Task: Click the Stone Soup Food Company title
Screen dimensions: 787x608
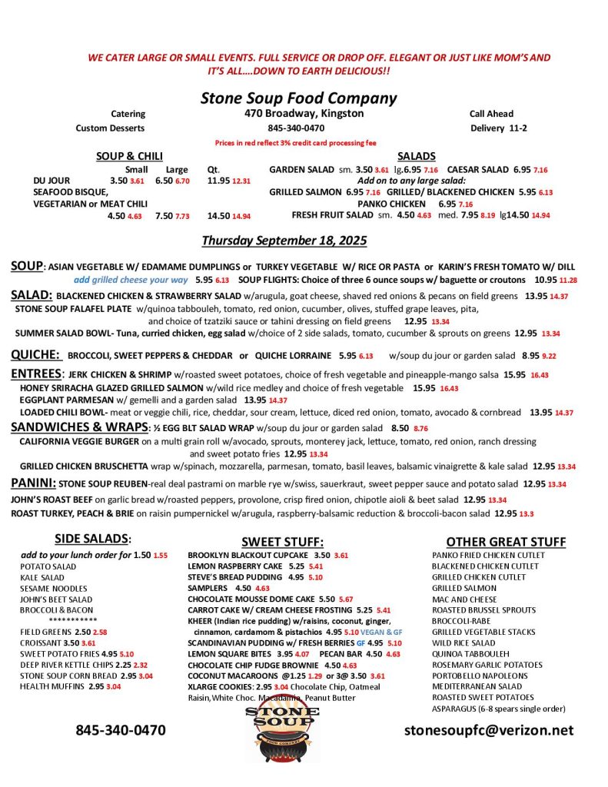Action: (x=298, y=98)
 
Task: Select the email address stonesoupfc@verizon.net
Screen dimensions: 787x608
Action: (x=489, y=730)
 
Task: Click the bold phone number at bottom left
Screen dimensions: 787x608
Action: (x=120, y=730)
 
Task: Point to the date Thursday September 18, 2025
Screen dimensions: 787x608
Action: (x=284, y=241)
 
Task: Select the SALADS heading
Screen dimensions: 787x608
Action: (x=417, y=157)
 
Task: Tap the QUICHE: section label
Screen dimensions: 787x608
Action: (x=35, y=355)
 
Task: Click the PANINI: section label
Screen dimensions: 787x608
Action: (x=33, y=483)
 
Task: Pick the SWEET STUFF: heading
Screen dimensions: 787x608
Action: (x=282, y=542)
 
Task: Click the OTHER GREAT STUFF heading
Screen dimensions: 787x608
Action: (x=506, y=542)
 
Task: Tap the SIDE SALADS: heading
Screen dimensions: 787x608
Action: (x=93, y=539)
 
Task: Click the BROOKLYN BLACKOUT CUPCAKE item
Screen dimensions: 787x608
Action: (x=248, y=555)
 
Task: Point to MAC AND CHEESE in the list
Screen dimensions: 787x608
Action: (x=463, y=599)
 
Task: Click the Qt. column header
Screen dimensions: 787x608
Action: (x=214, y=170)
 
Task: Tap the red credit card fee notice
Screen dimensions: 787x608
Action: (x=296, y=143)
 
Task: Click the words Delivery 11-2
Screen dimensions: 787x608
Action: (x=499, y=128)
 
